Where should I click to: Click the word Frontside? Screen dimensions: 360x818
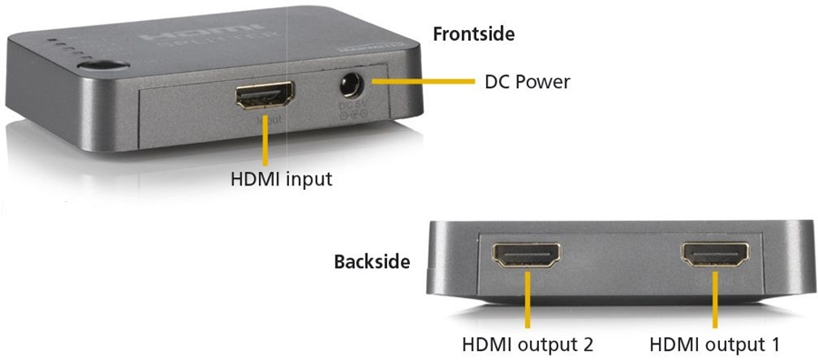click(x=474, y=35)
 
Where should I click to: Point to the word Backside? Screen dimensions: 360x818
click(x=372, y=262)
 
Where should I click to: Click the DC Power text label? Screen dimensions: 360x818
click(x=526, y=83)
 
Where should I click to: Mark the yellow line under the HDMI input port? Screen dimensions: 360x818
click(x=265, y=136)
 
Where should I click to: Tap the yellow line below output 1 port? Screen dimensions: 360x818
click(x=716, y=299)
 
